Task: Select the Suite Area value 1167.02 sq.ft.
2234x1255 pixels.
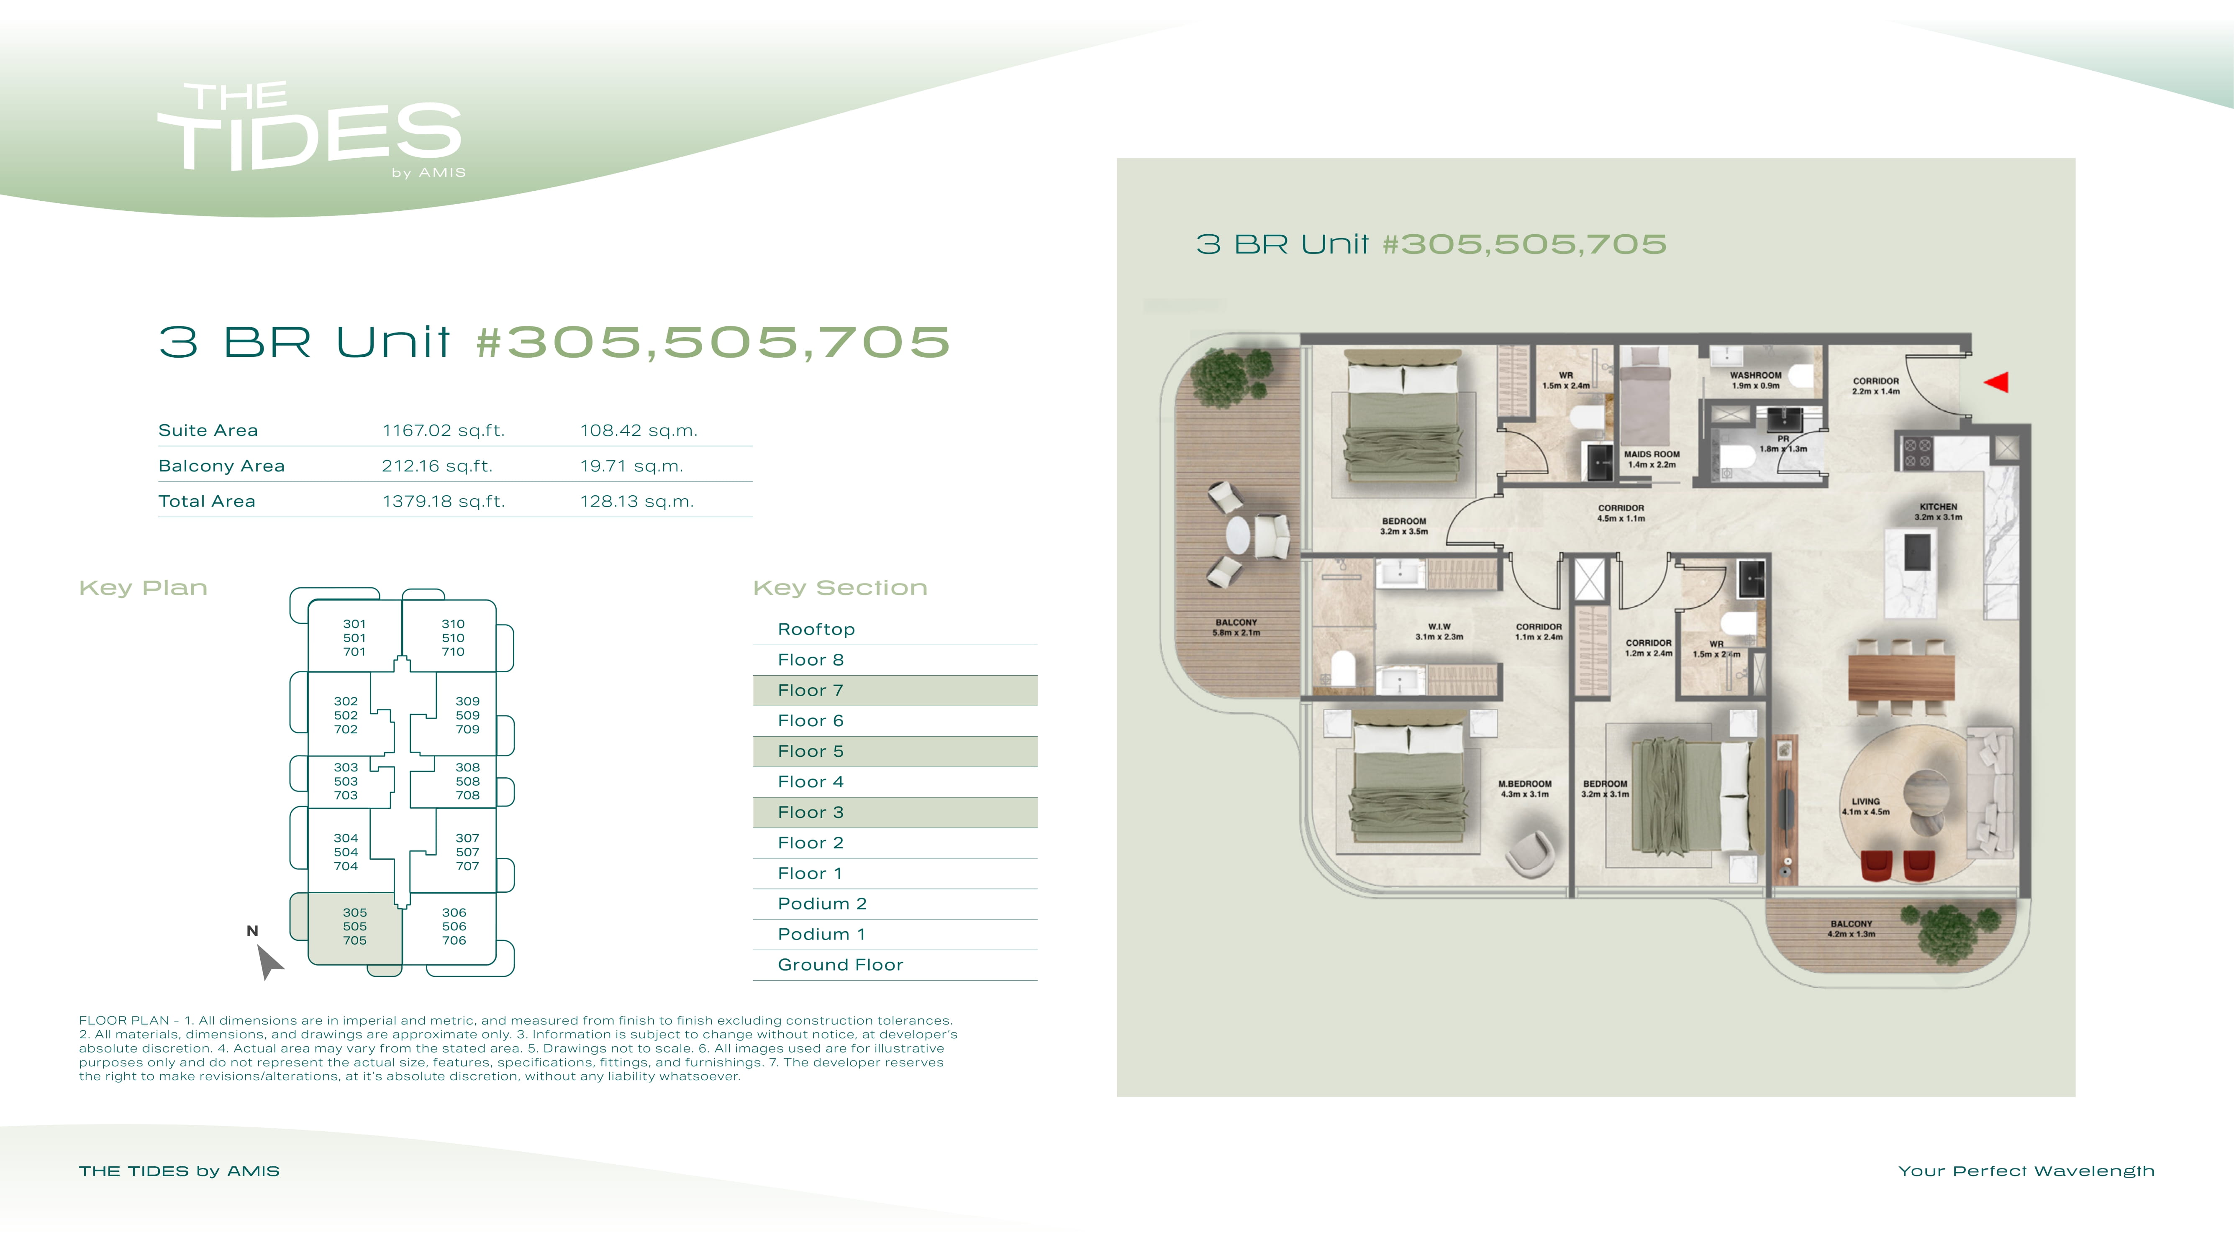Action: (x=443, y=430)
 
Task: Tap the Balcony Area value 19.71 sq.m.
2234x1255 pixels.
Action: (x=631, y=466)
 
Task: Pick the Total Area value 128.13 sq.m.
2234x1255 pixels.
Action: (x=636, y=501)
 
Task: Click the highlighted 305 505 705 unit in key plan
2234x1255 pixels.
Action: (x=355, y=926)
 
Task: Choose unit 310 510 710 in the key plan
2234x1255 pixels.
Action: (x=453, y=638)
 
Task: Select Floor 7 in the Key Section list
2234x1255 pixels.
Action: (x=810, y=690)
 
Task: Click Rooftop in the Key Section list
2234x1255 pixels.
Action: (x=816, y=629)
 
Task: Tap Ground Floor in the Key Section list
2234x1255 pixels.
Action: (x=840, y=964)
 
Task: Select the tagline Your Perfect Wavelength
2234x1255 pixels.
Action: (x=2026, y=1171)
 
